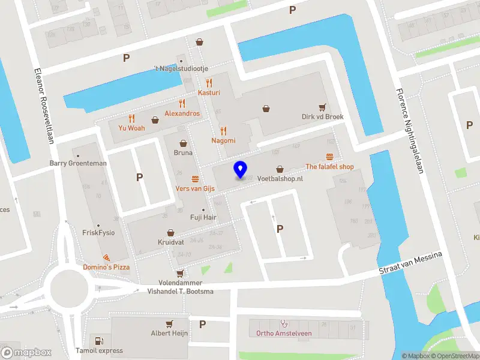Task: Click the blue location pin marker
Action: click(x=240, y=169)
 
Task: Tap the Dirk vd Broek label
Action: click(x=323, y=117)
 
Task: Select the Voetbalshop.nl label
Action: click(x=280, y=179)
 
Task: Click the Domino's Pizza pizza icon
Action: click(x=106, y=257)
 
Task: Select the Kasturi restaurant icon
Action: click(x=209, y=82)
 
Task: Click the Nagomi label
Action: click(x=223, y=140)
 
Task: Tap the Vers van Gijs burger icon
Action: click(x=195, y=179)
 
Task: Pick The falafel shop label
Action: click(x=329, y=167)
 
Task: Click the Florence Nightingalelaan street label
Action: click(x=410, y=131)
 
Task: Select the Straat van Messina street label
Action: click(x=410, y=264)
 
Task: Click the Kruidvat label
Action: click(x=170, y=242)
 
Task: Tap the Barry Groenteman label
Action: click(x=78, y=163)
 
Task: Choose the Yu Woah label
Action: click(x=131, y=128)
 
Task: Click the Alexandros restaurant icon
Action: click(x=182, y=103)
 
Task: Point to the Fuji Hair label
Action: click(x=203, y=217)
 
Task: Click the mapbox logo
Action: click(x=26, y=352)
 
